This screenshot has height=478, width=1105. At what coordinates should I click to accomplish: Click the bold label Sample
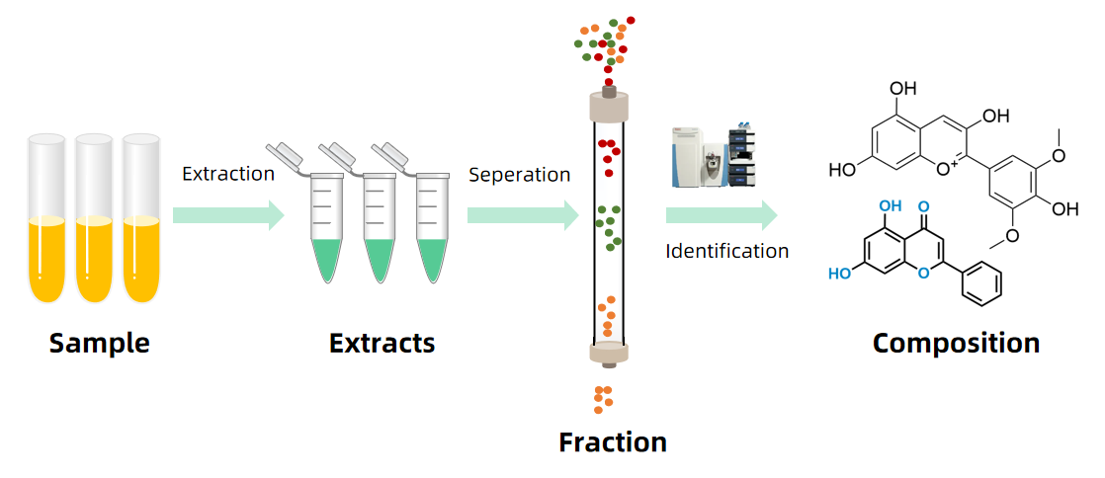99,343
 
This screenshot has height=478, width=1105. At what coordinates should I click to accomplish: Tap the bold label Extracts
382,343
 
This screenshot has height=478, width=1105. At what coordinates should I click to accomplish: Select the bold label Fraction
612,441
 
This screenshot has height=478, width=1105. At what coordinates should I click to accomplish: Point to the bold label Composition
956,343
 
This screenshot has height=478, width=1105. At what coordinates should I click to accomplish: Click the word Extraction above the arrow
228,174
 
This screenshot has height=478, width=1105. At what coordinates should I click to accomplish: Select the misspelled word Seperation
519,175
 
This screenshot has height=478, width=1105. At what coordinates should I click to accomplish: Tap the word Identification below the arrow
727,251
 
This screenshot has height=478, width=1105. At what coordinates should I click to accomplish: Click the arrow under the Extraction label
228,215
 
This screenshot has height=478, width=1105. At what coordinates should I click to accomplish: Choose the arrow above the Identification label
721,215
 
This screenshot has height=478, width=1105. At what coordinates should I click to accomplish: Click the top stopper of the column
609,103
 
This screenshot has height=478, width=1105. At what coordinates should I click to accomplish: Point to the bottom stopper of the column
608,354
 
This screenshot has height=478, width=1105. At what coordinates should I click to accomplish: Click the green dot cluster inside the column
609,225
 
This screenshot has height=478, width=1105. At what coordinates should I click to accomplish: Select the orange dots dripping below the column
602,398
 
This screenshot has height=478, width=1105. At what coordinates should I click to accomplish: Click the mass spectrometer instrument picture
714,156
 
